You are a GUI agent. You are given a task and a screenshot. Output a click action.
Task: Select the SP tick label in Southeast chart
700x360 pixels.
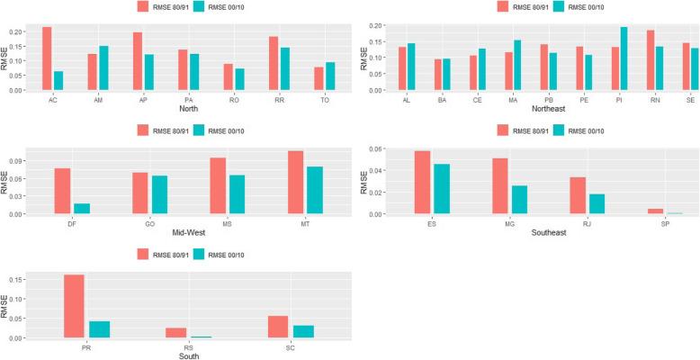click(x=656, y=223)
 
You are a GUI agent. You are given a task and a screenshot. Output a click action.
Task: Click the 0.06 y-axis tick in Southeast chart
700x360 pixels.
click(x=374, y=149)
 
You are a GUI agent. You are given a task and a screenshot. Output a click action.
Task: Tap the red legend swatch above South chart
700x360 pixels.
click(x=145, y=256)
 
